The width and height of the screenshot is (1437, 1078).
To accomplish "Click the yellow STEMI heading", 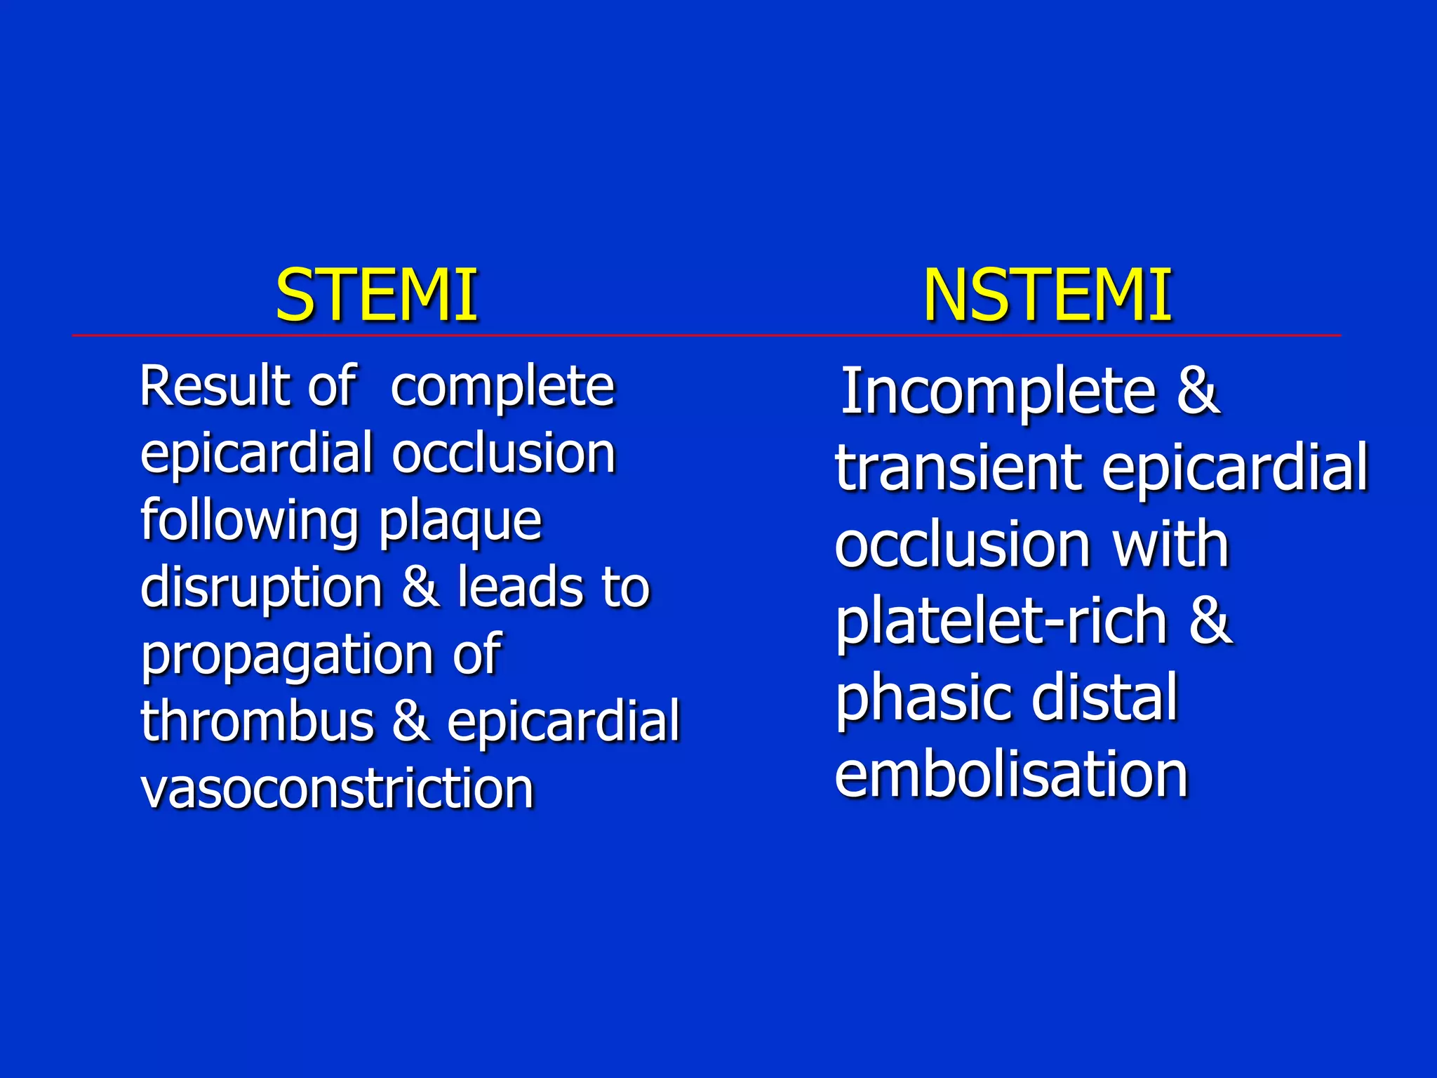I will coord(376,295).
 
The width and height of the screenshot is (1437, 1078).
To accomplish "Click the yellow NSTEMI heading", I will coord(1047,295).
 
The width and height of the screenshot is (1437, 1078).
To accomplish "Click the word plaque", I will coord(460,522).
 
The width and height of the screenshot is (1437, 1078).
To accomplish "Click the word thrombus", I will coord(257,721).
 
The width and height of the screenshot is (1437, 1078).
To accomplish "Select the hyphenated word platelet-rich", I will coord(1001,622).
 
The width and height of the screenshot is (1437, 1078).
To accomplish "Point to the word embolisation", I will coord(1011,774).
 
